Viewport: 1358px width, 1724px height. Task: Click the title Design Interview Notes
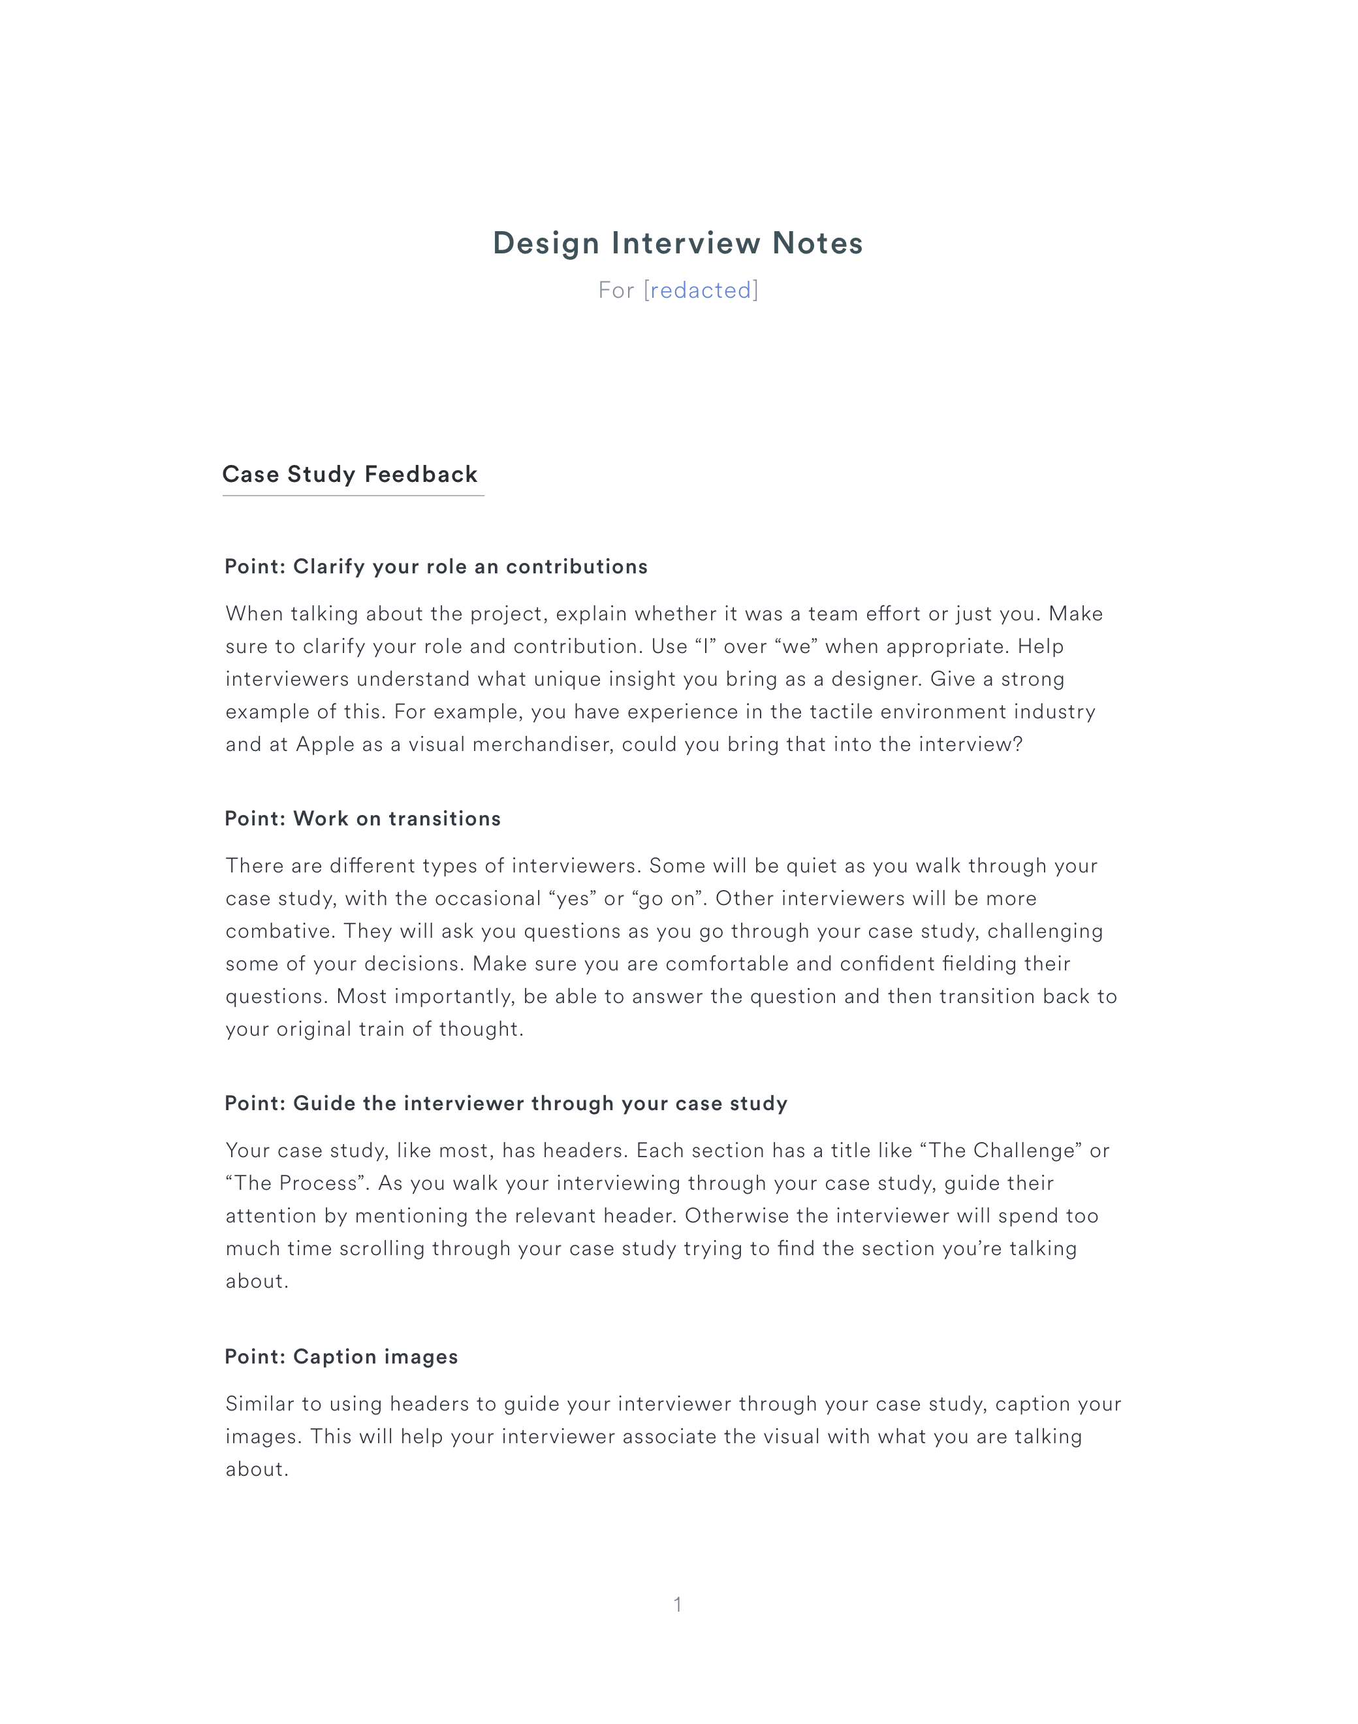(x=678, y=244)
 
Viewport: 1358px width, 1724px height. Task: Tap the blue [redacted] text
(x=701, y=290)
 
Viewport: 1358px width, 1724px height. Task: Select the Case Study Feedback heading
(x=350, y=475)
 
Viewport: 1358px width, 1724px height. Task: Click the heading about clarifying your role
(x=435, y=567)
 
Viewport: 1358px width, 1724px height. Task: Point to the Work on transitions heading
(x=362, y=819)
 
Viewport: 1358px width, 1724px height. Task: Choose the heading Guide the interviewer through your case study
(x=506, y=1104)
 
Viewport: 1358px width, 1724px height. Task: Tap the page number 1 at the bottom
(x=678, y=1604)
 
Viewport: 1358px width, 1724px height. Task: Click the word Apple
(x=324, y=744)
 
